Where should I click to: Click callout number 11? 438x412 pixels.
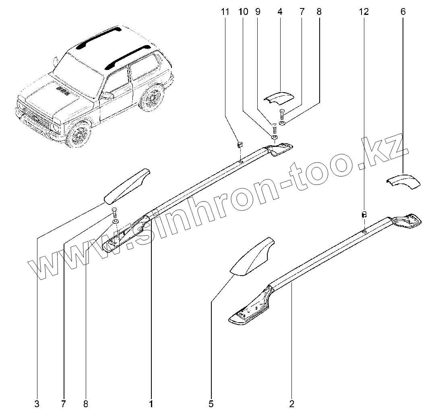tap(225, 12)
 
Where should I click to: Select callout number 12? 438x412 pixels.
tap(364, 12)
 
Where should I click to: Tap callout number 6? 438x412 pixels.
tap(403, 12)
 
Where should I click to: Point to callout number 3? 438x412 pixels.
tap(37, 403)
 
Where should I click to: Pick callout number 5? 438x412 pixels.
tap(211, 403)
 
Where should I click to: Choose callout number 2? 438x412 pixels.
tap(292, 403)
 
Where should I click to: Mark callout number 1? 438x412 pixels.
tap(151, 403)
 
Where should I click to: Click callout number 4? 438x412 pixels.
tap(279, 12)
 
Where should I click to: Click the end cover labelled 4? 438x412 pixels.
tap(279, 98)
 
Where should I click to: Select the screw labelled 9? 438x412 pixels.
tap(274, 130)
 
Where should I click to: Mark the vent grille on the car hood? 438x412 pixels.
tap(62, 89)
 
